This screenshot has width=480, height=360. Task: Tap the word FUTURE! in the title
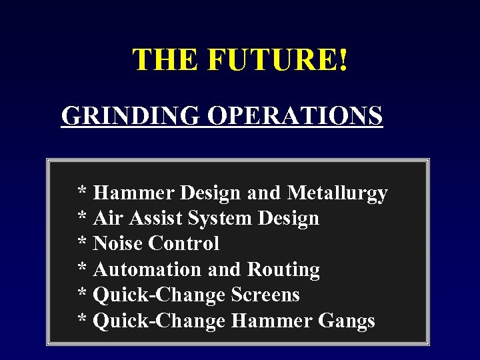click(277, 60)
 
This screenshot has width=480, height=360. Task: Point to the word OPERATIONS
click(295, 115)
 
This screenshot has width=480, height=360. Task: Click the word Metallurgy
click(337, 194)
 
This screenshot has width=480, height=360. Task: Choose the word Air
click(105, 219)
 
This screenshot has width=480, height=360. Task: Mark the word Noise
click(118, 244)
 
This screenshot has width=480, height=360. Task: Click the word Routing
click(283, 270)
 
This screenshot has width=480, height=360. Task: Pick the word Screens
click(265, 295)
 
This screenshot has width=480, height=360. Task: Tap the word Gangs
click(347, 321)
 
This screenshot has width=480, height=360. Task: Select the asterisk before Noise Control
click(83, 243)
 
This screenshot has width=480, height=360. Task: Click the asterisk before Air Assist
click(83, 217)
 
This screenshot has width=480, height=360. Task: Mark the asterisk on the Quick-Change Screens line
click(83, 294)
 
